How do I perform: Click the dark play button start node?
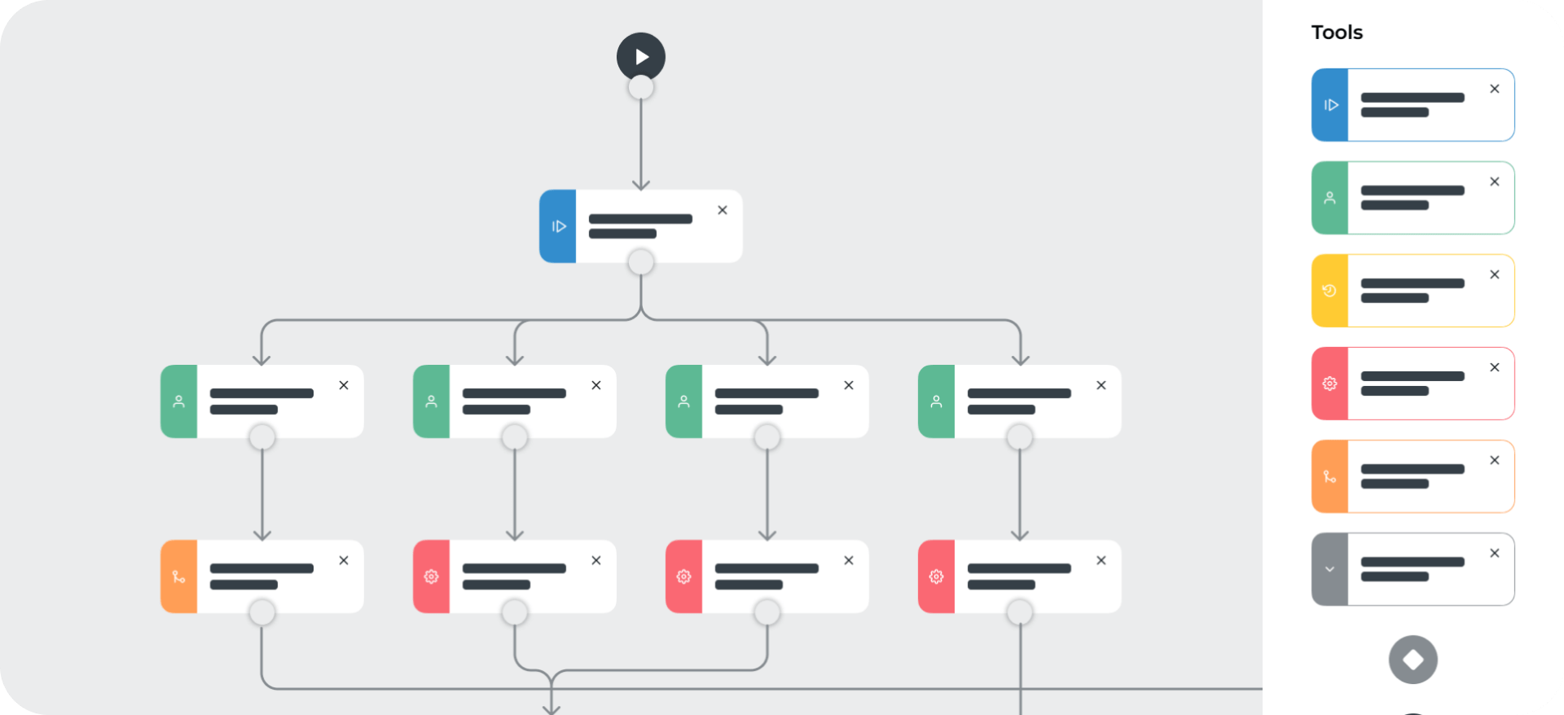pyautogui.click(x=641, y=56)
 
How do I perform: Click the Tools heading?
pyautogui.click(x=1337, y=33)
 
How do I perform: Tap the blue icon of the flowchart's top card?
pyautogui.click(x=558, y=226)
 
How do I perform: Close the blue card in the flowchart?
pyautogui.click(x=723, y=210)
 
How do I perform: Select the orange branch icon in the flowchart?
pyautogui.click(x=179, y=577)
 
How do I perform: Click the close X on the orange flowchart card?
pyautogui.click(x=344, y=560)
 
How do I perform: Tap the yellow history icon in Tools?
pyautogui.click(x=1329, y=291)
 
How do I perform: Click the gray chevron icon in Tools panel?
pyautogui.click(x=1329, y=569)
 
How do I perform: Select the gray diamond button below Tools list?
pyautogui.click(x=1413, y=660)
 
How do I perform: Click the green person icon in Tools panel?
pyautogui.click(x=1329, y=198)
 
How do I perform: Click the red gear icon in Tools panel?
pyautogui.click(x=1329, y=384)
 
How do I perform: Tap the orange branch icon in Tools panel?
pyautogui.click(x=1329, y=476)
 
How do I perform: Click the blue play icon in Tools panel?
pyautogui.click(x=1329, y=105)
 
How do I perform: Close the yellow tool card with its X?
pyautogui.click(x=1495, y=274)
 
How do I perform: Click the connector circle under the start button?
pyautogui.click(x=641, y=87)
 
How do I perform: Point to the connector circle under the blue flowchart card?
pyautogui.click(x=641, y=262)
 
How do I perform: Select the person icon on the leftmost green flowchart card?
pyautogui.click(x=179, y=401)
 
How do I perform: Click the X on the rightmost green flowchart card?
pyautogui.click(x=1101, y=385)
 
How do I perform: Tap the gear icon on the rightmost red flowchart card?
pyautogui.click(x=937, y=577)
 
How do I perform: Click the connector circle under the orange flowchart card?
pyautogui.click(x=261, y=612)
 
